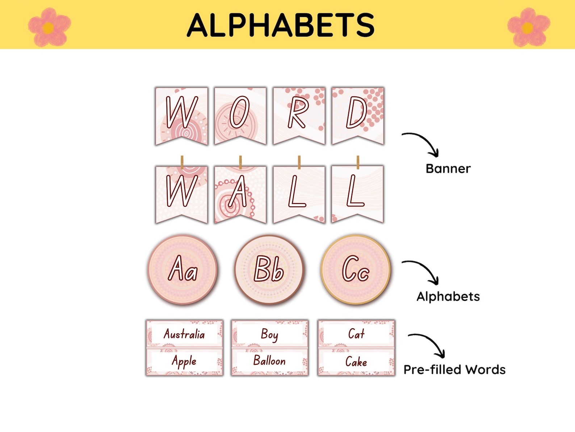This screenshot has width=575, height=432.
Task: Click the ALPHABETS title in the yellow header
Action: point(281,25)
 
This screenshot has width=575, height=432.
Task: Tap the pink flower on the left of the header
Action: point(49,27)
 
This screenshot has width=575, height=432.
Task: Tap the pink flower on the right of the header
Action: point(528,27)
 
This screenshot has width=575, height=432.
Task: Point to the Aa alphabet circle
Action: point(183,270)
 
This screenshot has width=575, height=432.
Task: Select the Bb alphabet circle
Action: point(269,270)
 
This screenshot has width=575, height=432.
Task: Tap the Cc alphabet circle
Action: point(356,270)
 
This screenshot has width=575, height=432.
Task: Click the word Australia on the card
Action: point(184,334)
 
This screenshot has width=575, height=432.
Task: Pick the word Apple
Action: point(184,361)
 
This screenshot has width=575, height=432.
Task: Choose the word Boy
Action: point(269,334)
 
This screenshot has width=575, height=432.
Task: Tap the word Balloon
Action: point(269,361)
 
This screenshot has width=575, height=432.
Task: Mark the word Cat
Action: point(356,334)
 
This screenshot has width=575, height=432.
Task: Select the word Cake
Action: point(356,361)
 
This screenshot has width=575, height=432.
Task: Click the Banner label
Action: point(448,169)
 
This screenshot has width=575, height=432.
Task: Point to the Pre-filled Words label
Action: point(454,370)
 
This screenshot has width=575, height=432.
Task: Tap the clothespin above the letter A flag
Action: point(240,162)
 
